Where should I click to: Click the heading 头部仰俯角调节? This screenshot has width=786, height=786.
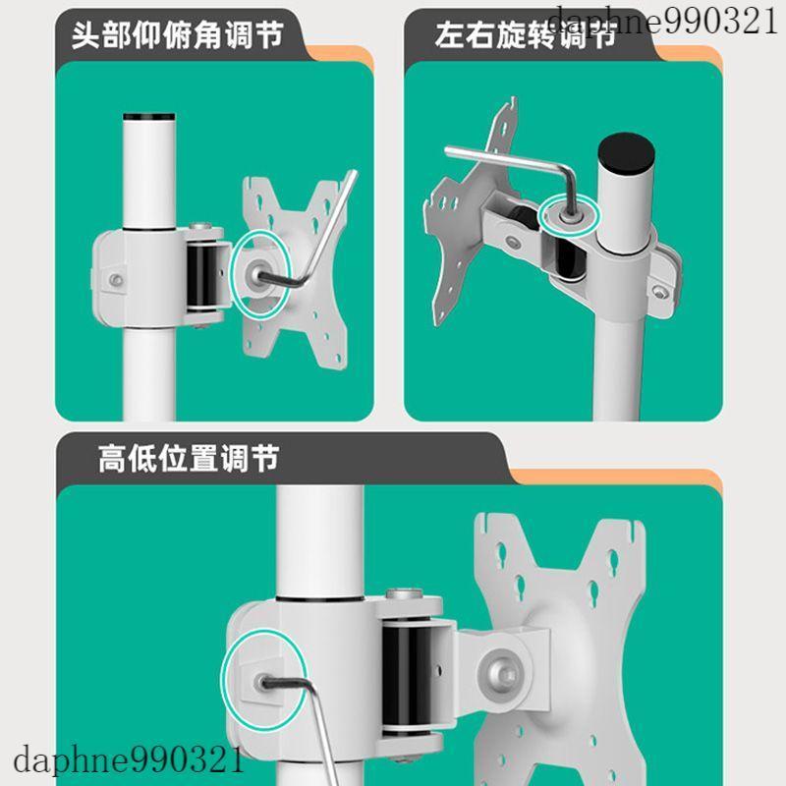[x=178, y=35]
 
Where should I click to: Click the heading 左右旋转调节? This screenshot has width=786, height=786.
[x=526, y=35]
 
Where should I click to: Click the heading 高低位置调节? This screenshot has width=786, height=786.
[x=189, y=458]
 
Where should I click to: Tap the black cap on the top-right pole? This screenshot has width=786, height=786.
[x=627, y=152]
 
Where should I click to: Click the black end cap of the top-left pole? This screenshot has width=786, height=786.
[x=149, y=117]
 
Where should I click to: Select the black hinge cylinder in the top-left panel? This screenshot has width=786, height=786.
[x=202, y=276]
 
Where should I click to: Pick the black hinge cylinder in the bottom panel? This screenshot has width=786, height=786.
[x=407, y=677]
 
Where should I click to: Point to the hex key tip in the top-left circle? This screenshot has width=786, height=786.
[x=258, y=275]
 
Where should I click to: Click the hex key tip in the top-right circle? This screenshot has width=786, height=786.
[x=568, y=216]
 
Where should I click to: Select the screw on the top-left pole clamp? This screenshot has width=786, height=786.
[x=116, y=280]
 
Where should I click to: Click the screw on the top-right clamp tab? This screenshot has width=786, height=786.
[x=659, y=291]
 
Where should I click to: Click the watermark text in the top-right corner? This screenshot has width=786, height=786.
[x=663, y=22]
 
